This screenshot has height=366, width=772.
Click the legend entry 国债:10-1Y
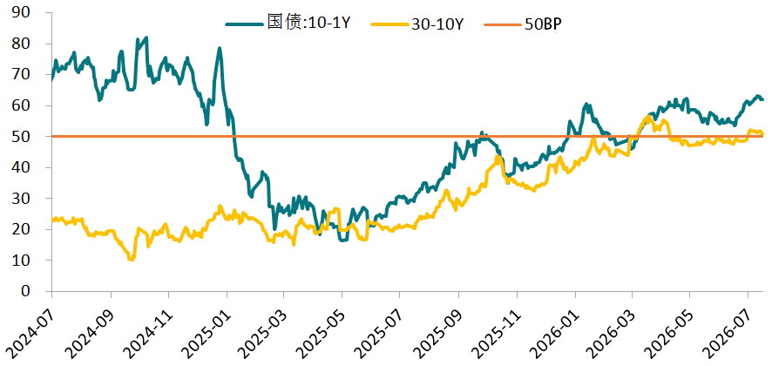[x=288, y=24]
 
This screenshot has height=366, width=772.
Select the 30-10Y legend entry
[x=417, y=24]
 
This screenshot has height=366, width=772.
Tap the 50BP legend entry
[x=524, y=24]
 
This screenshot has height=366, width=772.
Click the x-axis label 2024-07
[x=30, y=326]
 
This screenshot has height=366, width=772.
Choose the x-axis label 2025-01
[x=205, y=326]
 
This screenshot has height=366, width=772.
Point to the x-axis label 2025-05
[x=321, y=326]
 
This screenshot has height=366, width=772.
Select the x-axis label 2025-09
[x=437, y=326]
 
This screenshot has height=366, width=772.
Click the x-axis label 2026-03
[x=612, y=326]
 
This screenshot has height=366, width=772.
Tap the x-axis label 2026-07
[x=728, y=326]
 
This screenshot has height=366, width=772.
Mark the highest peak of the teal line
[x=146, y=37]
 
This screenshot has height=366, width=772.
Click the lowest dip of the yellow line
[x=131, y=259]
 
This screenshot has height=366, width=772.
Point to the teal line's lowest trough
[x=342, y=241]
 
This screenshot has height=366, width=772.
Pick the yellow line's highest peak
[x=648, y=118]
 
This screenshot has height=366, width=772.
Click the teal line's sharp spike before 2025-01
[x=219, y=48]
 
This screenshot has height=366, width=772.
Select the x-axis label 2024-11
[x=146, y=326]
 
